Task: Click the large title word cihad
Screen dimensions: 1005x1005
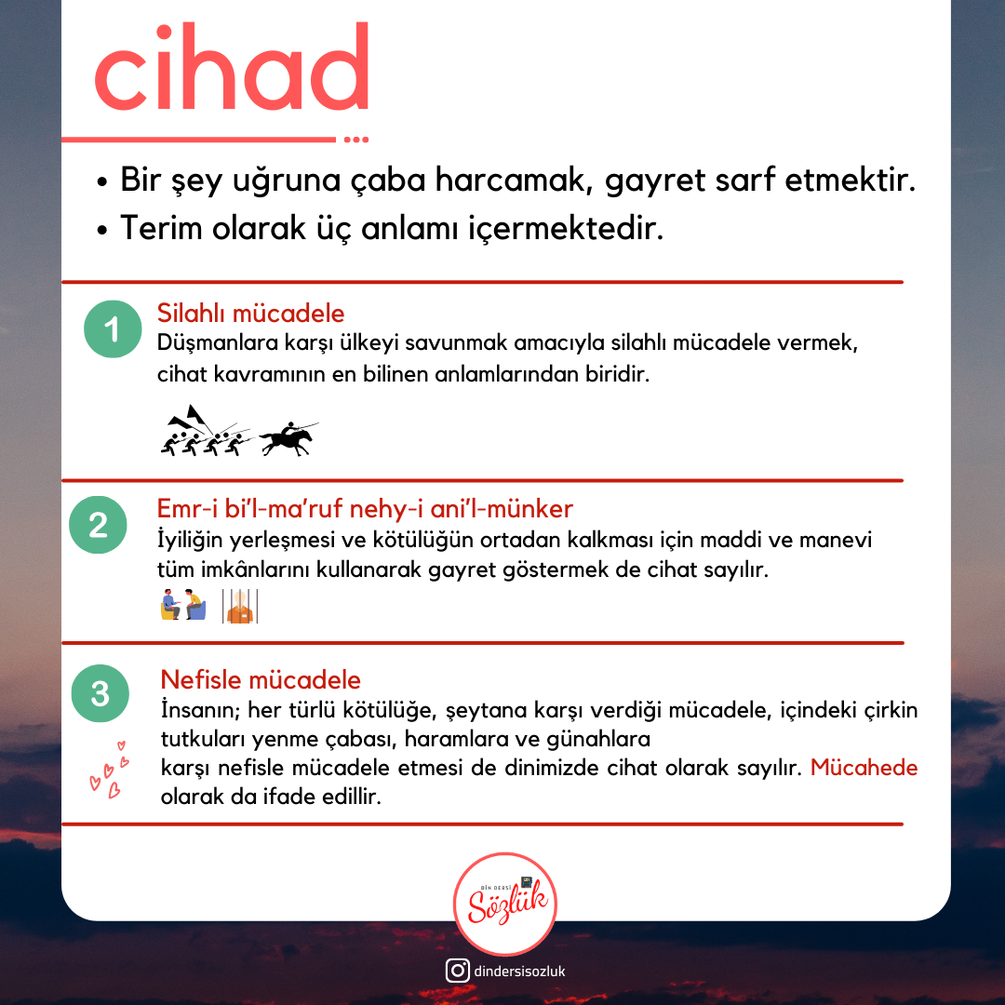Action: click(x=232, y=70)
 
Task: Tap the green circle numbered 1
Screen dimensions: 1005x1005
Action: click(x=111, y=330)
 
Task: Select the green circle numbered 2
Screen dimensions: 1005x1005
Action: click(x=98, y=526)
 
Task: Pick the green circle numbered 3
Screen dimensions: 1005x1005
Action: click(x=100, y=693)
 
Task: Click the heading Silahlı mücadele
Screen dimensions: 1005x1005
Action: click(x=250, y=313)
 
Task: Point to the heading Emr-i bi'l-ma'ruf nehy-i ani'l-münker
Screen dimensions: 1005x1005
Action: click(x=365, y=508)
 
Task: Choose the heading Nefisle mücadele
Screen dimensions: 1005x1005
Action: click(x=261, y=679)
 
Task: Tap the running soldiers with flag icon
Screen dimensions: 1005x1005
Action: click(x=204, y=431)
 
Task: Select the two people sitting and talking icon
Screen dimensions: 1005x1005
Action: click(x=182, y=605)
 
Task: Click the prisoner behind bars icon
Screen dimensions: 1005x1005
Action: click(x=240, y=606)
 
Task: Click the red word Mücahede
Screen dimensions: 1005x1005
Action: click(x=864, y=769)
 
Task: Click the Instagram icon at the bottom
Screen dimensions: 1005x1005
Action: click(x=457, y=971)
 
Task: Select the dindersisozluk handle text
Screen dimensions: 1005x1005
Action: click(x=519, y=971)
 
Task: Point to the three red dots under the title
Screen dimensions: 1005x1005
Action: click(x=356, y=140)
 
